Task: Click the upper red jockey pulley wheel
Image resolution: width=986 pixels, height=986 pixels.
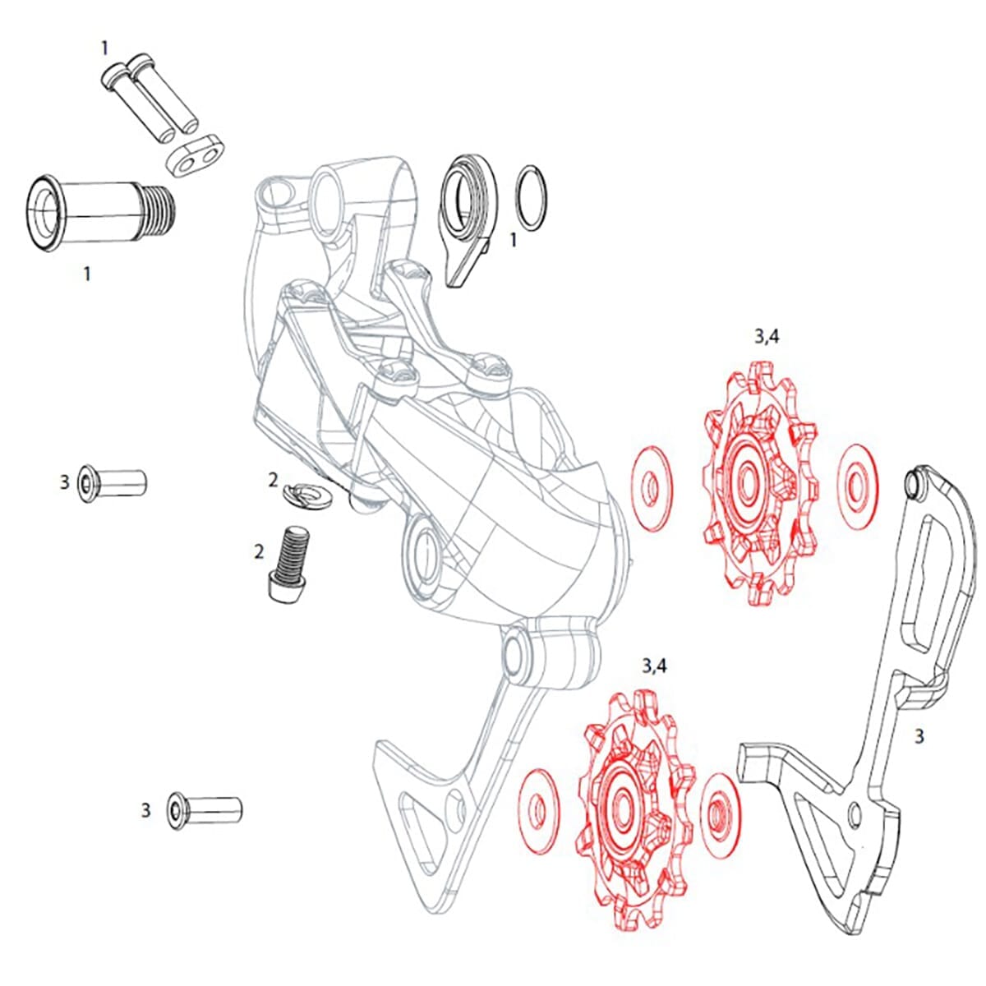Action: pyautogui.click(x=760, y=485)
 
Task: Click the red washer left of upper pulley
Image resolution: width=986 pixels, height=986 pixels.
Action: pyautogui.click(x=651, y=489)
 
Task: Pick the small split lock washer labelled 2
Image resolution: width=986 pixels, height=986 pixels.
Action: pyautogui.click(x=306, y=494)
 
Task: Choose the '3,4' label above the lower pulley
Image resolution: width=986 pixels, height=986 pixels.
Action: pyautogui.click(x=654, y=666)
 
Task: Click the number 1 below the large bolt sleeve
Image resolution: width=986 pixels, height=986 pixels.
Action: pyautogui.click(x=88, y=274)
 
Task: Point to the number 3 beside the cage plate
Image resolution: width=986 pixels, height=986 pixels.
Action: pyautogui.click(x=919, y=737)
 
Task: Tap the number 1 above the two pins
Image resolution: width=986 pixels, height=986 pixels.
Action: pyautogui.click(x=104, y=48)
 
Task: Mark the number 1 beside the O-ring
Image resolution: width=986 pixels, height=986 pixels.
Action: pyautogui.click(x=514, y=240)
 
